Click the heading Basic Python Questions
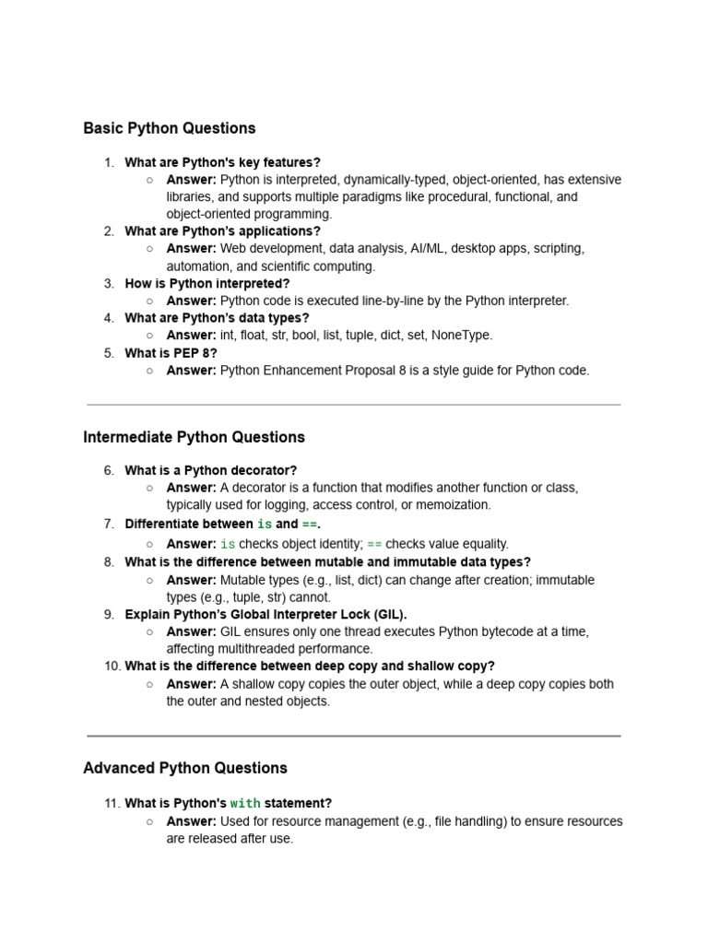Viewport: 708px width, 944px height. (x=170, y=128)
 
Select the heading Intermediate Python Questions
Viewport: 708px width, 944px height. (x=194, y=437)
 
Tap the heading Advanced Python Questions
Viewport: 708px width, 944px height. (x=185, y=768)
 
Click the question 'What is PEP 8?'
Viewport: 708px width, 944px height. (x=171, y=353)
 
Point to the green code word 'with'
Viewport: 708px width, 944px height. (x=245, y=804)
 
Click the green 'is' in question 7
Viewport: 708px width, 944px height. (x=265, y=525)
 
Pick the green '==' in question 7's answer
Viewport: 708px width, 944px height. (x=374, y=545)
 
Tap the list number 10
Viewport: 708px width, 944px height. (x=112, y=667)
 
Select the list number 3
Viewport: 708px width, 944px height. (x=109, y=284)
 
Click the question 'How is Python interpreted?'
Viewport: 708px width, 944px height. (x=207, y=284)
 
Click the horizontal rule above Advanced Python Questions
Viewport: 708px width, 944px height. (x=354, y=736)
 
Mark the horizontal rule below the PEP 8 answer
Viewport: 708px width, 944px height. (x=354, y=404)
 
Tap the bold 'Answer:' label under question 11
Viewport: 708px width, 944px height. (x=191, y=821)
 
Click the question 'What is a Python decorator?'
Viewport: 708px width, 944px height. (x=211, y=471)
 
